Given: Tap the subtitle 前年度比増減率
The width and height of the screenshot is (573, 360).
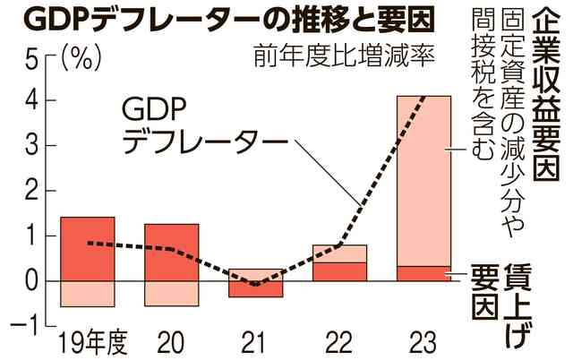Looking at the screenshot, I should pyautogui.click(x=330, y=60).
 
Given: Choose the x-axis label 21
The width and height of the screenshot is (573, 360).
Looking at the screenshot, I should pyautogui.click(x=256, y=343).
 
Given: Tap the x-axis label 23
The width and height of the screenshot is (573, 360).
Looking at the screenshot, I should pyautogui.click(x=423, y=343).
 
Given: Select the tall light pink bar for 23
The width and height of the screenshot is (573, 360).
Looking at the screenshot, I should pyautogui.click(x=423, y=179).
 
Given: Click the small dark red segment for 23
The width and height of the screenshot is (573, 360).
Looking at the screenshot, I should pyautogui.click(x=423, y=273).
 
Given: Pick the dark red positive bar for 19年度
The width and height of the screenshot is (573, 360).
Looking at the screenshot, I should pyautogui.click(x=87, y=248).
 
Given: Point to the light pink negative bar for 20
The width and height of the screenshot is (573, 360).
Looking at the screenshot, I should pyautogui.click(x=171, y=293).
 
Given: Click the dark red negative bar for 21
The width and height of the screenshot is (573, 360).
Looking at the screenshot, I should pyautogui.click(x=255, y=289).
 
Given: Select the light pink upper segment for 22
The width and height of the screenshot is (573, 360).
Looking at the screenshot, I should pyautogui.click(x=339, y=253).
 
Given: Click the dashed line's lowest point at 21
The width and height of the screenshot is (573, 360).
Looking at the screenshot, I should pyautogui.click(x=255, y=285).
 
